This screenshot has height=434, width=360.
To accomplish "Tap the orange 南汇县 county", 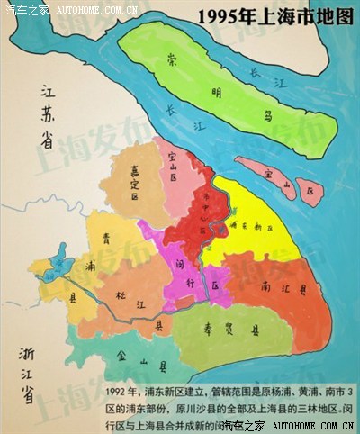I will (x=270, y=288).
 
